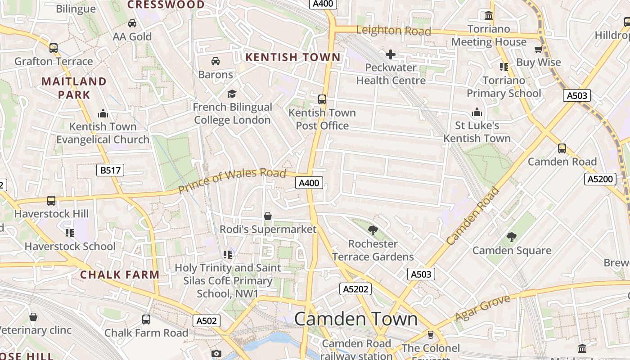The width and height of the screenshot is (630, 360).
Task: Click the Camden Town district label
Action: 355,319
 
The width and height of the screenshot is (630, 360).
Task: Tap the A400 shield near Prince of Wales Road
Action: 309,183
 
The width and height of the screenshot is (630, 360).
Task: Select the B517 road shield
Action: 110,170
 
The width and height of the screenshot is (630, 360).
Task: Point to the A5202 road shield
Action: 355,289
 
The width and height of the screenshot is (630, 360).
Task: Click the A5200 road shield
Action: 600,179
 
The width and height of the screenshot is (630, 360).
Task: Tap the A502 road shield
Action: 207,321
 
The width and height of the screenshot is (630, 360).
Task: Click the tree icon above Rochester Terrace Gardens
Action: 373,231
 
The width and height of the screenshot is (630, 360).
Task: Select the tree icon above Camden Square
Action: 511,237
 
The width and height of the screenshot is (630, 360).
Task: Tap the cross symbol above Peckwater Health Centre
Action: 390,55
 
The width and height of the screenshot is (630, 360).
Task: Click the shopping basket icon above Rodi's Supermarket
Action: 268,216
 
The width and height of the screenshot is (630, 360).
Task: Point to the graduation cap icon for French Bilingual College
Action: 232,94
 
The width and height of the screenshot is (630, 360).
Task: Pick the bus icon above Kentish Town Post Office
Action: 322,99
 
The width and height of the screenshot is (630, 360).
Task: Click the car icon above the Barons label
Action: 216,61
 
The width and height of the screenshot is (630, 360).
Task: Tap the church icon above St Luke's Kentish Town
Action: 477,112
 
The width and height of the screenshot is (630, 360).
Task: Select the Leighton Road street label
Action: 393,31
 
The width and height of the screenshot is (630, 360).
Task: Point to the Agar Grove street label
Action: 482,308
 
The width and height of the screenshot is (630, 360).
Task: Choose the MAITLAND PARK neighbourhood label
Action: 74,88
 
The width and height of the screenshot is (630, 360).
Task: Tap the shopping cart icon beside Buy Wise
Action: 538,49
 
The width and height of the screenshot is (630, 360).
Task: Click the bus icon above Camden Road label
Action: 562,148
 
